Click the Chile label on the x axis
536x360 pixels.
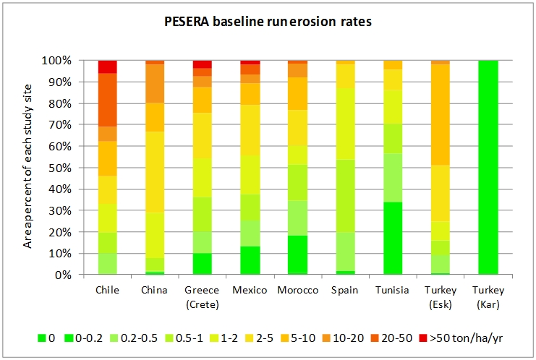tap(107, 290)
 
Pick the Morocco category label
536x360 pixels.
tap(297, 290)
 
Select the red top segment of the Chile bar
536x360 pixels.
tap(107, 67)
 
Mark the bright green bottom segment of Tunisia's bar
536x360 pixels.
tap(393, 239)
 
